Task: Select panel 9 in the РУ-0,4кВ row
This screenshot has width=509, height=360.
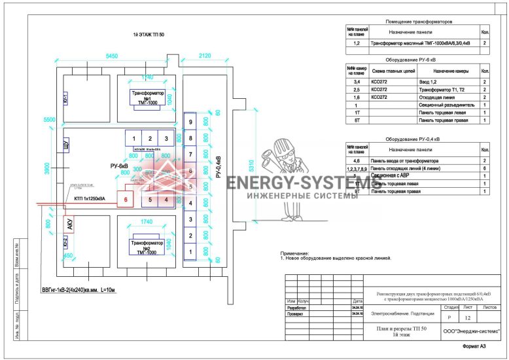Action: tap(190, 122)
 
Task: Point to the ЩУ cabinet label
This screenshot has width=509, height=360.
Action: tap(65, 145)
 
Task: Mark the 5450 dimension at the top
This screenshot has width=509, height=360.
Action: tap(112, 57)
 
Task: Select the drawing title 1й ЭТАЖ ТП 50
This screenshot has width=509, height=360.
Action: tap(149, 34)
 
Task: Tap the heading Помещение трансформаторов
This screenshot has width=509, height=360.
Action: tap(419, 22)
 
